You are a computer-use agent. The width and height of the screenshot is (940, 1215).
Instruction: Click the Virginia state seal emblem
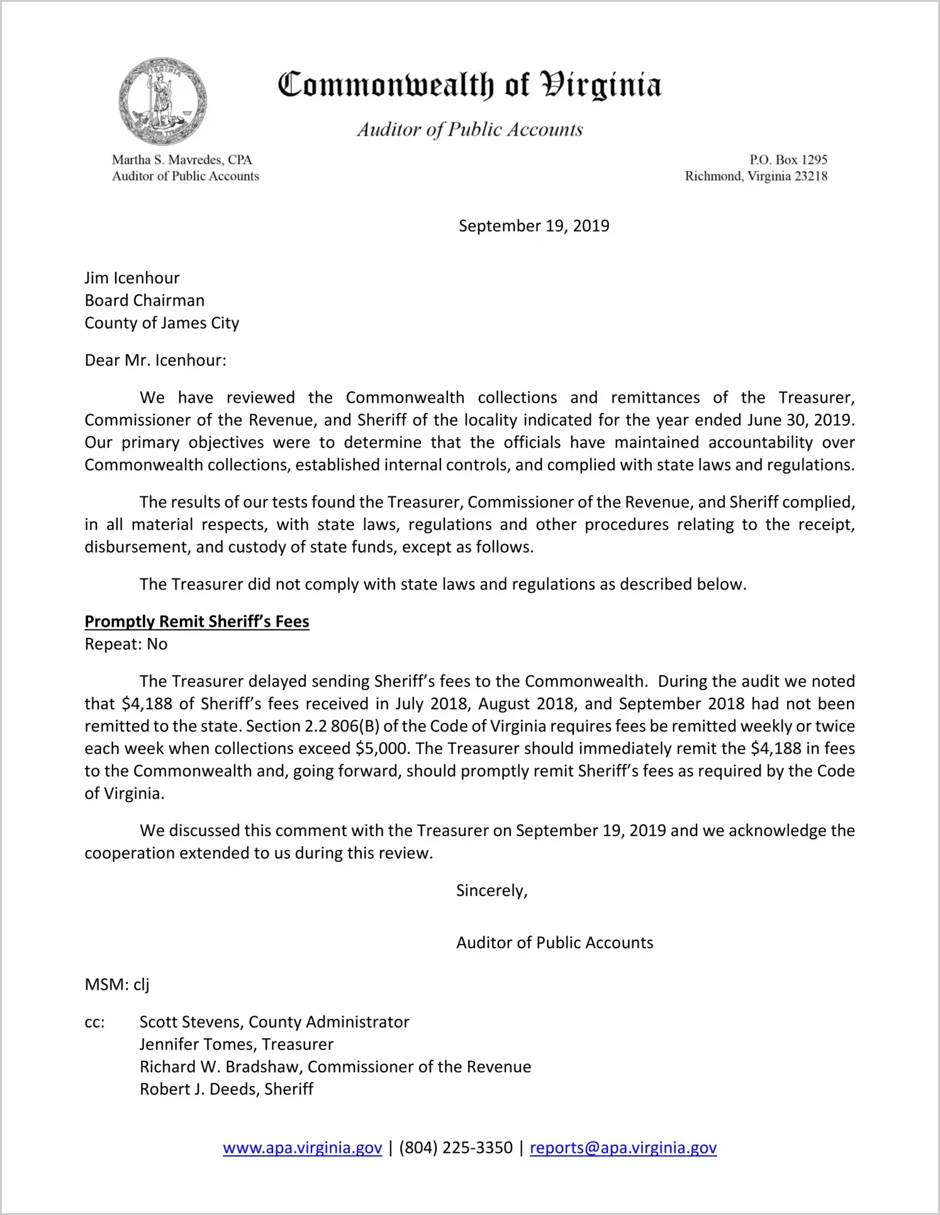tap(163, 101)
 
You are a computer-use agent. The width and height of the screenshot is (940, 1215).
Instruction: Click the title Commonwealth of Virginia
tap(469, 85)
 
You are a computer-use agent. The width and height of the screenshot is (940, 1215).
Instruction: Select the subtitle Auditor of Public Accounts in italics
tap(469, 130)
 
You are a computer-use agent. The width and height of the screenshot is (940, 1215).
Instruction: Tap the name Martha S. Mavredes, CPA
tap(182, 160)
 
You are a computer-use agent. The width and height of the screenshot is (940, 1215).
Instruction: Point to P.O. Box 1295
tap(788, 160)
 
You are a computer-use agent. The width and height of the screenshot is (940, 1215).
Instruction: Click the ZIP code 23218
tap(810, 176)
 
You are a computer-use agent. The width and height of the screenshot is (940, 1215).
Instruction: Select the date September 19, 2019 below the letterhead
tap(534, 226)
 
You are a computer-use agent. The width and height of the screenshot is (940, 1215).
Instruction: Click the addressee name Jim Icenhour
tap(132, 278)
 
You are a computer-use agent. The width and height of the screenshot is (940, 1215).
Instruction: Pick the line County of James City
tap(162, 323)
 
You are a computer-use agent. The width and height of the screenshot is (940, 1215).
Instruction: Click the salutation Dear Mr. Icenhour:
tap(155, 361)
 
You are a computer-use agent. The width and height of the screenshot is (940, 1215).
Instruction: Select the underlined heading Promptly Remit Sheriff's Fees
tap(197, 622)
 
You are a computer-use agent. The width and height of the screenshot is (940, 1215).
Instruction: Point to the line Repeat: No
tap(126, 644)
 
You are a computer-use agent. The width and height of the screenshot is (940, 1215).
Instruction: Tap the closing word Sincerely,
tap(491, 891)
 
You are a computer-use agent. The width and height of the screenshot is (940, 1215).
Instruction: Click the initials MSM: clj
tap(117, 985)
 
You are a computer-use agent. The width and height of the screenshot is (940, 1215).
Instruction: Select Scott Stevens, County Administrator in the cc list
tap(274, 1022)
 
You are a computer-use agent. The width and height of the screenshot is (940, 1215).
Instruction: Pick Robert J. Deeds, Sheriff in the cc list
tap(227, 1089)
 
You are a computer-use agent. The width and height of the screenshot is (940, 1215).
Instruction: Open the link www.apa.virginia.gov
tap(302, 1148)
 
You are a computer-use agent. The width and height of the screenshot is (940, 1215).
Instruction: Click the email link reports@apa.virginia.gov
tap(623, 1148)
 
